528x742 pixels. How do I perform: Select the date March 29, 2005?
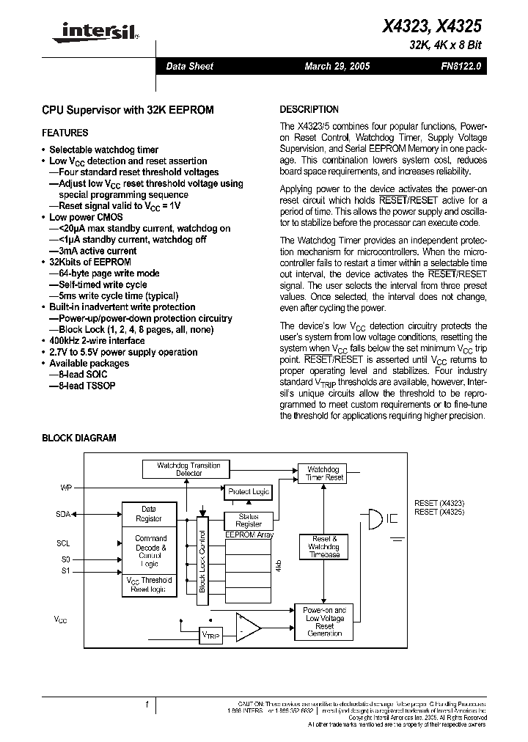click(337, 66)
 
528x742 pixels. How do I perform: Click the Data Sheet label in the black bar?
click(189, 66)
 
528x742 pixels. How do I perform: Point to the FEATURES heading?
click(65, 133)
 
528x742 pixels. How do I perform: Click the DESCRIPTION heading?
click(309, 109)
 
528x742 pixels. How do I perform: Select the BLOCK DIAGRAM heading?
click(78, 438)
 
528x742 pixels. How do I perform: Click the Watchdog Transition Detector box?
click(188, 469)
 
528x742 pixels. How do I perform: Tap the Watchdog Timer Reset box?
click(325, 473)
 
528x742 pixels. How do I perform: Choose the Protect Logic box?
click(249, 491)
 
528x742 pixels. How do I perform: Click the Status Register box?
click(249, 521)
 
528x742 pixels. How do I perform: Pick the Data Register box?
click(148, 513)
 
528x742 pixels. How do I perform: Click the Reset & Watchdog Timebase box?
click(323, 547)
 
